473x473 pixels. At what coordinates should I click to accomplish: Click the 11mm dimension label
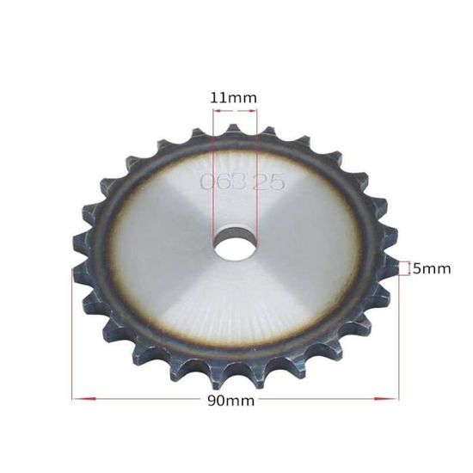(x=233, y=97)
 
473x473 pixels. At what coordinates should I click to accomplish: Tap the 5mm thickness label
(x=431, y=269)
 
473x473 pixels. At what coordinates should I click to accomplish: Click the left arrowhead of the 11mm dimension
(x=216, y=112)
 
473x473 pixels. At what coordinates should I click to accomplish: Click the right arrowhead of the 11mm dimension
(x=252, y=112)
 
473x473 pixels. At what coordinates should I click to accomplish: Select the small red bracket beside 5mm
(x=402, y=269)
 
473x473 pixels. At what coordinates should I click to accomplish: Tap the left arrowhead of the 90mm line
(x=77, y=398)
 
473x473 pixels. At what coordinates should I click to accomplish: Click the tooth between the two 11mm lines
(x=233, y=131)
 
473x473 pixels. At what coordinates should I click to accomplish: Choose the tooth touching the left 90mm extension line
(x=80, y=273)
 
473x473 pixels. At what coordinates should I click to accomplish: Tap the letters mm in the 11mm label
(x=243, y=97)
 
